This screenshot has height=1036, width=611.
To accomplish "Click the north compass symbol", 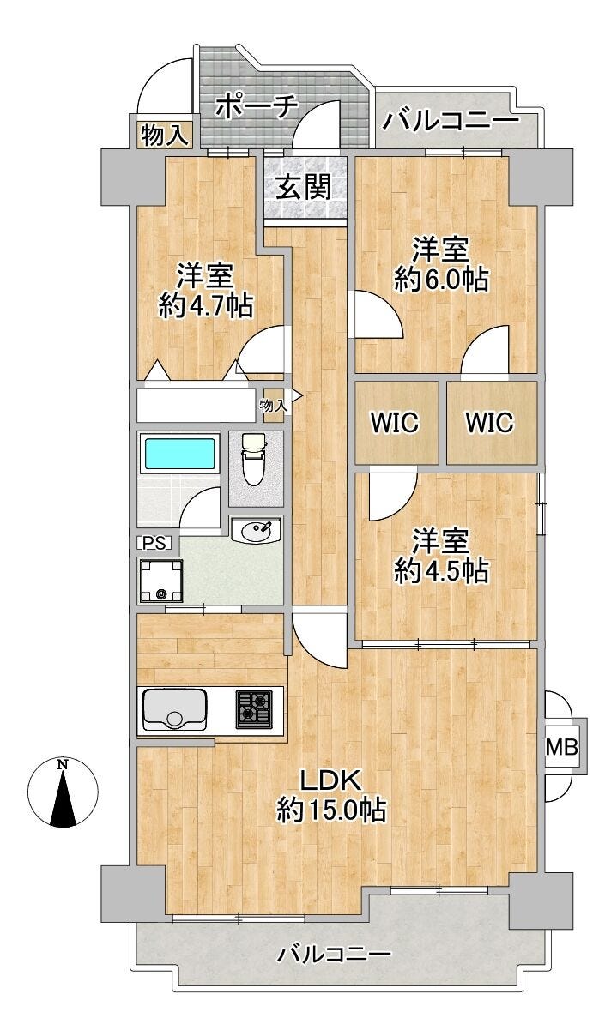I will click(x=62, y=793).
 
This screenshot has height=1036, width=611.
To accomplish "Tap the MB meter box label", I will click(x=562, y=746).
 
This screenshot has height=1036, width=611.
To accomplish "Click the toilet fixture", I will click(x=255, y=461).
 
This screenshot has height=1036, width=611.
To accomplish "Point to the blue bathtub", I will click(x=180, y=453).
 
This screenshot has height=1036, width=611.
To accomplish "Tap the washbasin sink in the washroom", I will click(x=256, y=532).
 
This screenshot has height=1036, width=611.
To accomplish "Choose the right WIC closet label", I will click(x=489, y=423).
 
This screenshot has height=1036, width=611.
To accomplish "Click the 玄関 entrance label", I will click(x=304, y=186).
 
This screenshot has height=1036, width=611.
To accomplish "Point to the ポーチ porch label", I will click(x=256, y=107).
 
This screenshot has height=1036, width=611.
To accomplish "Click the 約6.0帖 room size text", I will click(x=441, y=280).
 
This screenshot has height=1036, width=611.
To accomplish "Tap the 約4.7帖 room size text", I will click(x=206, y=306).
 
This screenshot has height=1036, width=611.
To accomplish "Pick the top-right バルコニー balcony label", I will click(x=451, y=119).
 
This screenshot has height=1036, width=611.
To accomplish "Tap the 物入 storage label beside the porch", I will click(x=163, y=135).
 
